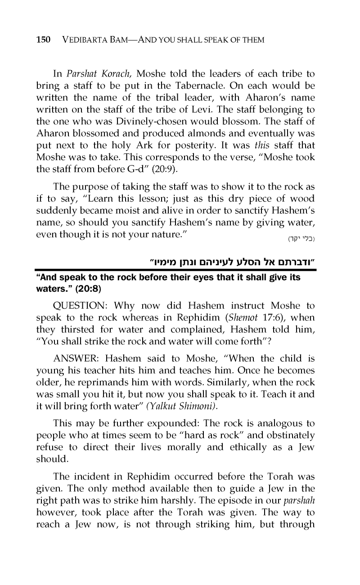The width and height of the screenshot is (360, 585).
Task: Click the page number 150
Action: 43,40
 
